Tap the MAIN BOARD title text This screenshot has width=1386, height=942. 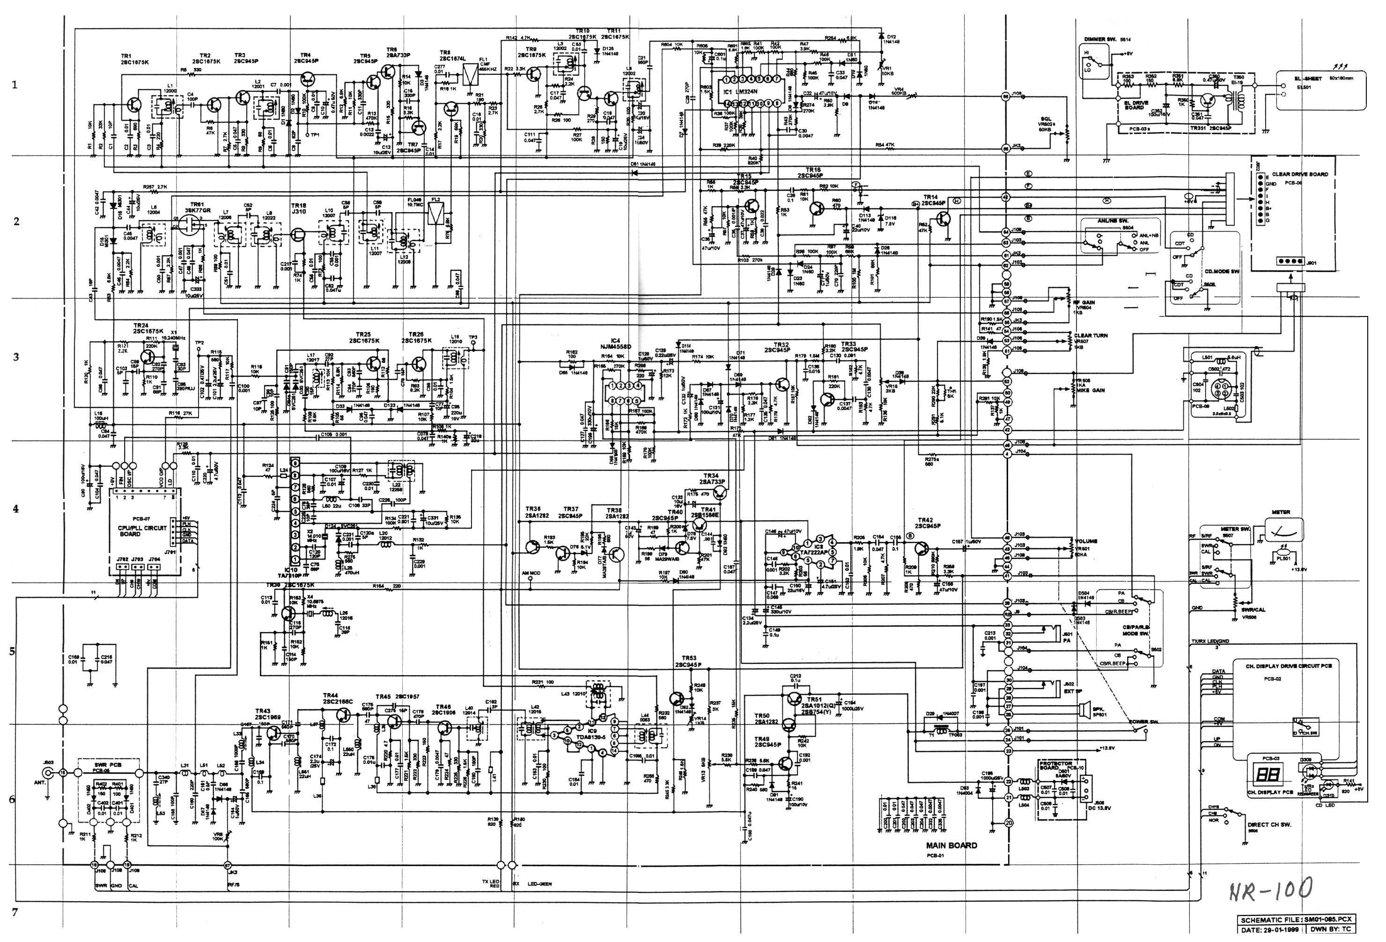click(951, 846)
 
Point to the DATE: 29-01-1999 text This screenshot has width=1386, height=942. click(1270, 929)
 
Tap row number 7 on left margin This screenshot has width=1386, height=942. click(15, 912)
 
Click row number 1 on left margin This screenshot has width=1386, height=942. click(15, 85)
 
